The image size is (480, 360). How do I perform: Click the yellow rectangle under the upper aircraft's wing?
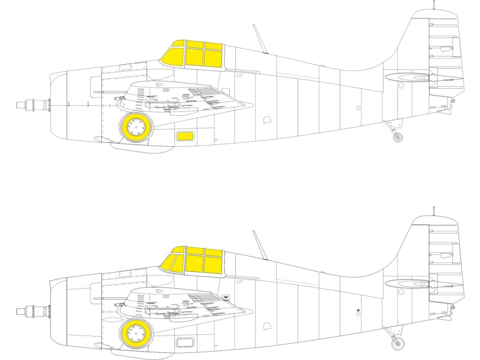185,136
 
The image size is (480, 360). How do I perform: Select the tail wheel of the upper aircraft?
397,137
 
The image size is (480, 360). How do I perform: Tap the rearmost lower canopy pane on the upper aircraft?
213,58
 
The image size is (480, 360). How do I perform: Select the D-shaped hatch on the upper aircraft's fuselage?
268,120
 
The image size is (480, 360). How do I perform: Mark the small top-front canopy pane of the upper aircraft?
178,44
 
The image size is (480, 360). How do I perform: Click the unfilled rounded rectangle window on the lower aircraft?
185,342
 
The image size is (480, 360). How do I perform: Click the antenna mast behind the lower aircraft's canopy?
260,245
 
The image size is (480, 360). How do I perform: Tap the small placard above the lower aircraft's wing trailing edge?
225,297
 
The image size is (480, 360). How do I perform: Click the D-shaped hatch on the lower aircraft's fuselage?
268,326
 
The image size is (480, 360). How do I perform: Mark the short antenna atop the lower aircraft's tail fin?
434,210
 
